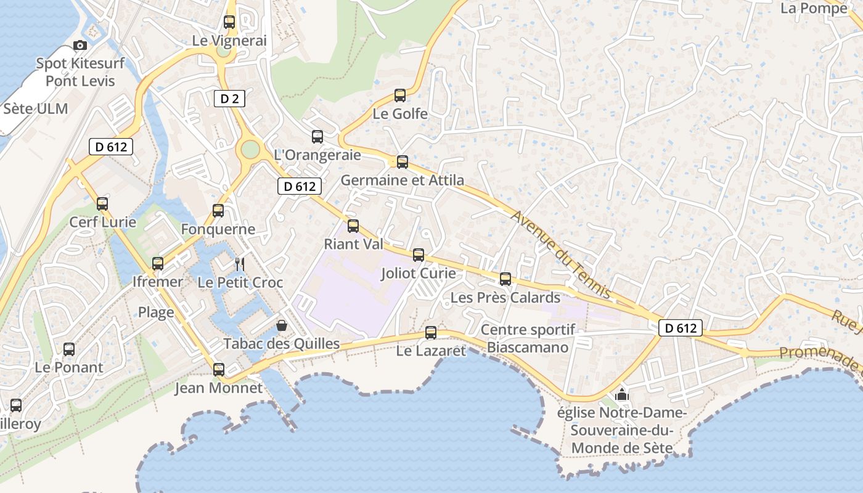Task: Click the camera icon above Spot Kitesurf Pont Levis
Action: pyautogui.click(x=80, y=45)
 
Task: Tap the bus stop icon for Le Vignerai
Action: pyautogui.click(x=229, y=22)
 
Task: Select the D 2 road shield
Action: pyautogui.click(x=229, y=98)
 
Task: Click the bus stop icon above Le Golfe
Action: pyautogui.click(x=400, y=96)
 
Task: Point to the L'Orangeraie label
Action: pyautogui.click(x=317, y=155)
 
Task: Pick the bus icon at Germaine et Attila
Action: pyautogui.click(x=403, y=161)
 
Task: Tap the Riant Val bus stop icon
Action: pyautogui.click(x=353, y=226)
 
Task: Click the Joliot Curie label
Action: pyautogui.click(x=419, y=273)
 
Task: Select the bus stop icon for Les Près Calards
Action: pyautogui.click(x=505, y=279)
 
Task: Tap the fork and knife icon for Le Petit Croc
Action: pyautogui.click(x=240, y=264)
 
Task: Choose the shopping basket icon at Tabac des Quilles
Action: pyautogui.click(x=282, y=325)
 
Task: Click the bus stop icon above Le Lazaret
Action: pyautogui.click(x=431, y=333)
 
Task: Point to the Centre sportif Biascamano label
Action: pyautogui.click(x=528, y=338)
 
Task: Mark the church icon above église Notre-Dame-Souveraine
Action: pyautogui.click(x=622, y=394)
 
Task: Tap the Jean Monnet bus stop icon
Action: pyautogui.click(x=219, y=370)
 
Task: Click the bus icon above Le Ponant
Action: pyautogui.click(x=69, y=349)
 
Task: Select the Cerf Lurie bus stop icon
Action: pyautogui.click(x=102, y=203)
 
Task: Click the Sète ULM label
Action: pyautogui.click(x=35, y=108)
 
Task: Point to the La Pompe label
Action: pyautogui.click(x=814, y=9)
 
